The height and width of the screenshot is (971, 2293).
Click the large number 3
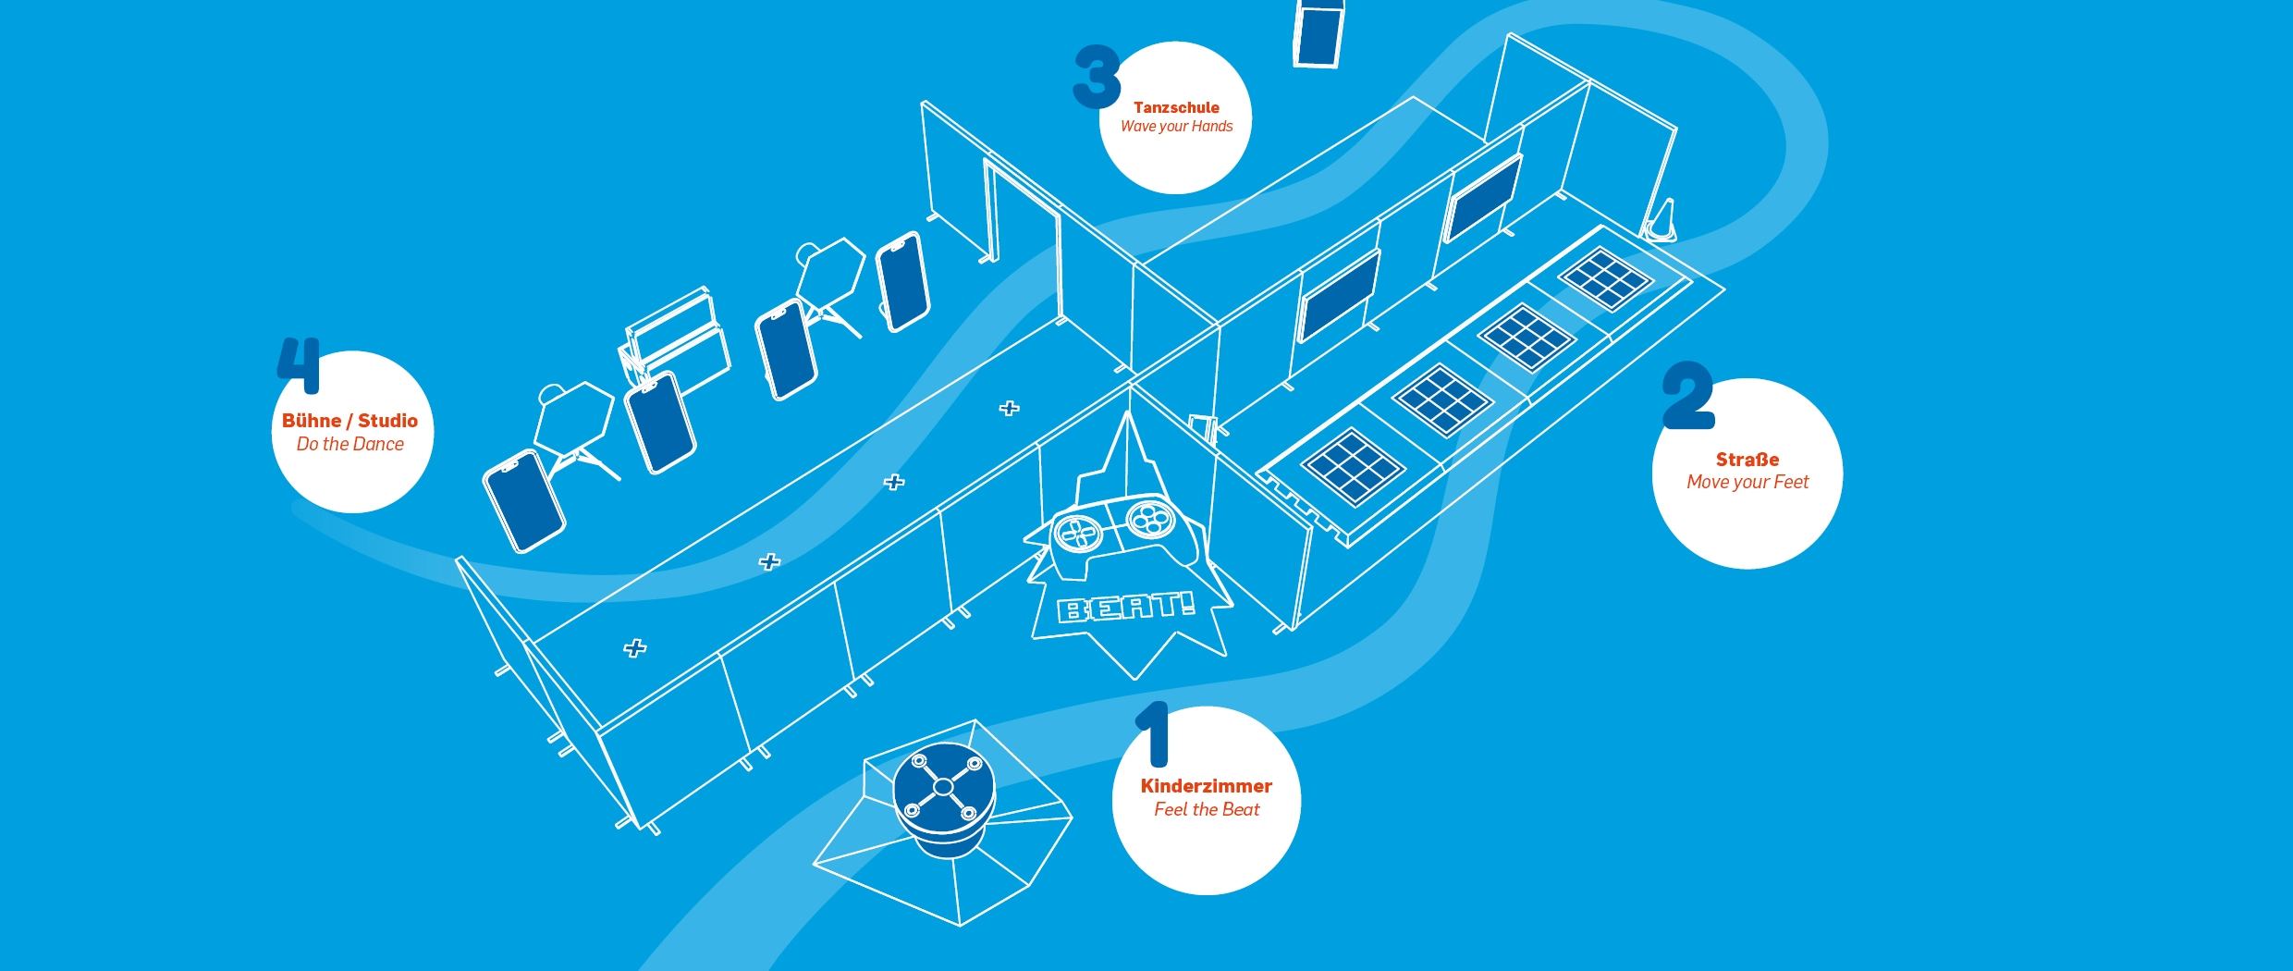(x=1097, y=77)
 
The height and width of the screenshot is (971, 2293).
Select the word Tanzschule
(x=1176, y=107)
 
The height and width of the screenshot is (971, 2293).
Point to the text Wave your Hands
(x=1176, y=127)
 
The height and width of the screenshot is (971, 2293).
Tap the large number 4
(x=300, y=364)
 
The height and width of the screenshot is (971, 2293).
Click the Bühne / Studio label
(x=349, y=421)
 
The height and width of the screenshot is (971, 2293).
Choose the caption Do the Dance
(x=349, y=445)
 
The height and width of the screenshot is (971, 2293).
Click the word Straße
(x=1747, y=460)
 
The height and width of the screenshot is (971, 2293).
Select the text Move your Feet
(x=1747, y=482)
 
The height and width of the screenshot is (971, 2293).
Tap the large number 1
(x=1155, y=734)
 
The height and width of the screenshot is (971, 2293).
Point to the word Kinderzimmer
(x=1206, y=786)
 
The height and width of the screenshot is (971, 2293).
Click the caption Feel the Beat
(x=1206, y=810)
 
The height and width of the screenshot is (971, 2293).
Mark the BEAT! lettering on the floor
(x=1125, y=607)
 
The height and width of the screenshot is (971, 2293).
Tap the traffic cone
(x=1662, y=222)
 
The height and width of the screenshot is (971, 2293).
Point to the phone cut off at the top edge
(x=1318, y=33)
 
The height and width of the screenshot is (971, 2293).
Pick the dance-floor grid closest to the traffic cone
(x=1605, y=278)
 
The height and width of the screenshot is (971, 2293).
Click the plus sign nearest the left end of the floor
(x=634, y=648)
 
